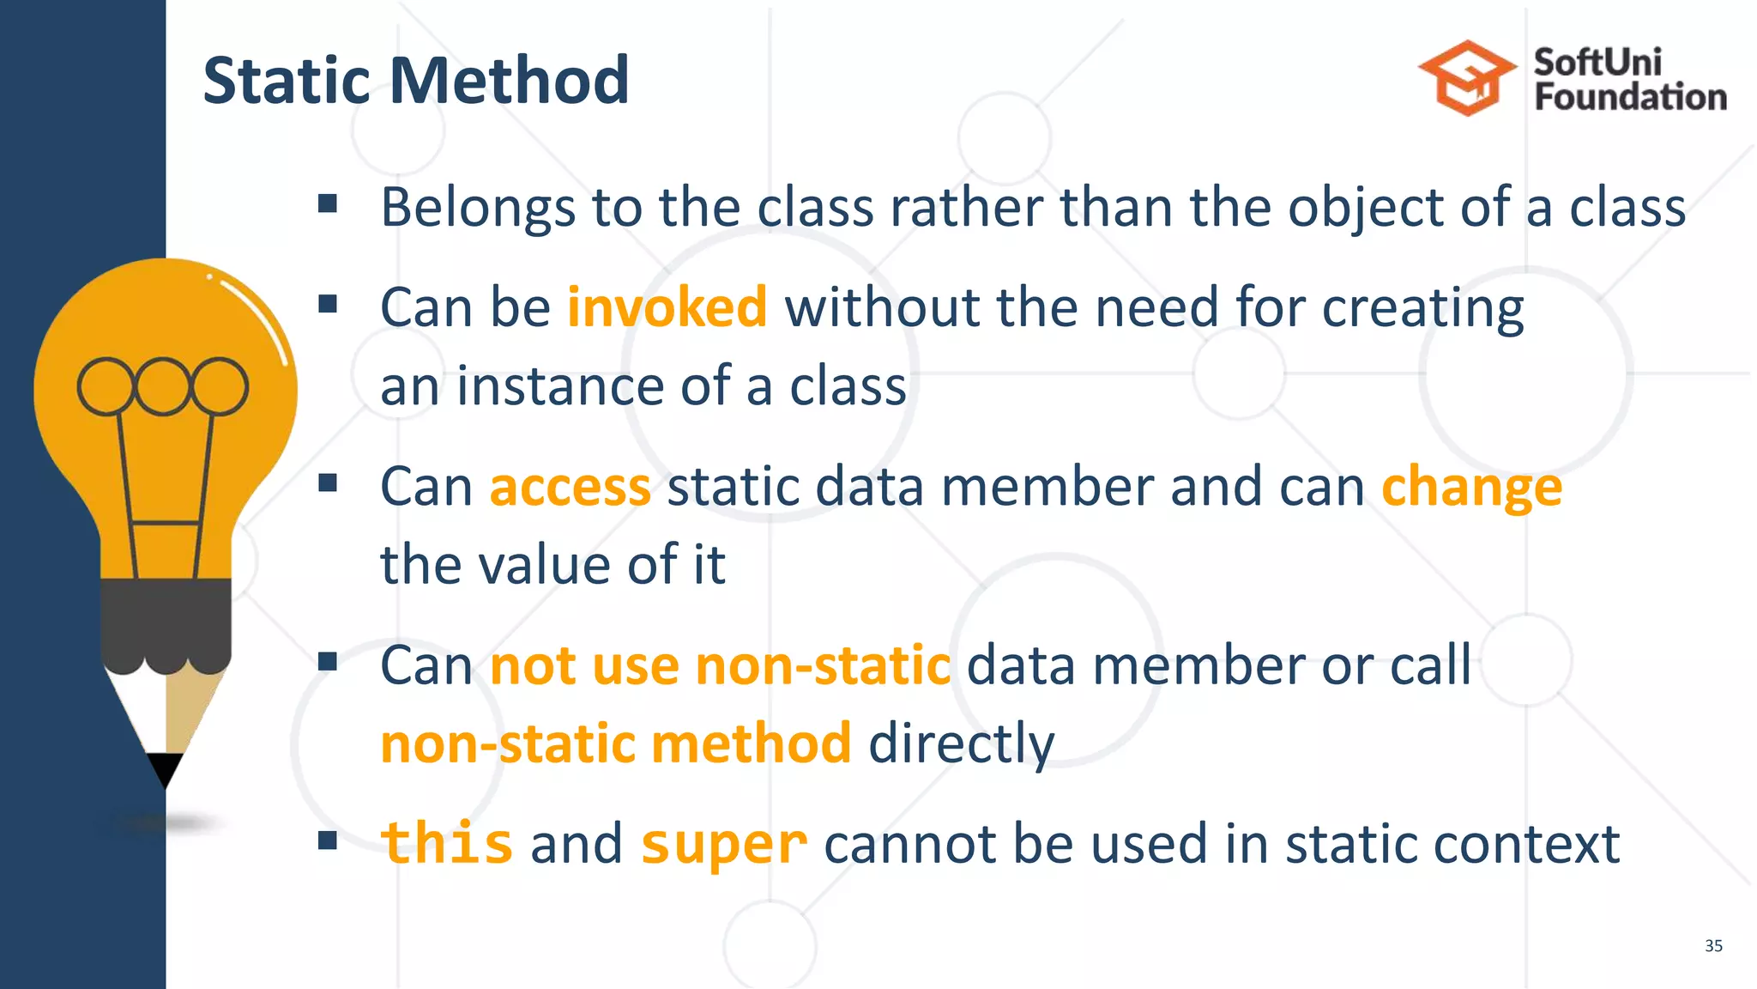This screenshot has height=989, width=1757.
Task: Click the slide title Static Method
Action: (x=416, y=80)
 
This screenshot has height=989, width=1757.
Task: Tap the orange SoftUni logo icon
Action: (x=1467, y=78)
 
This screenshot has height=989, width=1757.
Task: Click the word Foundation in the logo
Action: (x=1630, y=97)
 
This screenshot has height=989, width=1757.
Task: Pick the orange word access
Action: (x=570, y=487)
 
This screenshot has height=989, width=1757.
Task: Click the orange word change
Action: (x=1471, y=487)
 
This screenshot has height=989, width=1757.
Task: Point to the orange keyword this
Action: (x=447, y=843)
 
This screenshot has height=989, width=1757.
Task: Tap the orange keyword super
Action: (x=723, y=845)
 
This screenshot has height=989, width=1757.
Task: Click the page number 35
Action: (x=1713, y=945)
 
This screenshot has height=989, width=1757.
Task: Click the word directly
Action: (x=961, y=743)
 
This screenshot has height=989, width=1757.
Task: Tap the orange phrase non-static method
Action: (x=616, y=743)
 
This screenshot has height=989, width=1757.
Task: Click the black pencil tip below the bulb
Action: (x=165, y=768)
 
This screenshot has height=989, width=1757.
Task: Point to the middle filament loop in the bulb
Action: (x=162, y=385)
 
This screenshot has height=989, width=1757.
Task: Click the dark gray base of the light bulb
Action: (x=166, y=622)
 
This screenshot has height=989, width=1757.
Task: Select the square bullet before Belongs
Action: (x=327, y=203)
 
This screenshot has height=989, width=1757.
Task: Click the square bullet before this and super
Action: (x=327, y=840)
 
